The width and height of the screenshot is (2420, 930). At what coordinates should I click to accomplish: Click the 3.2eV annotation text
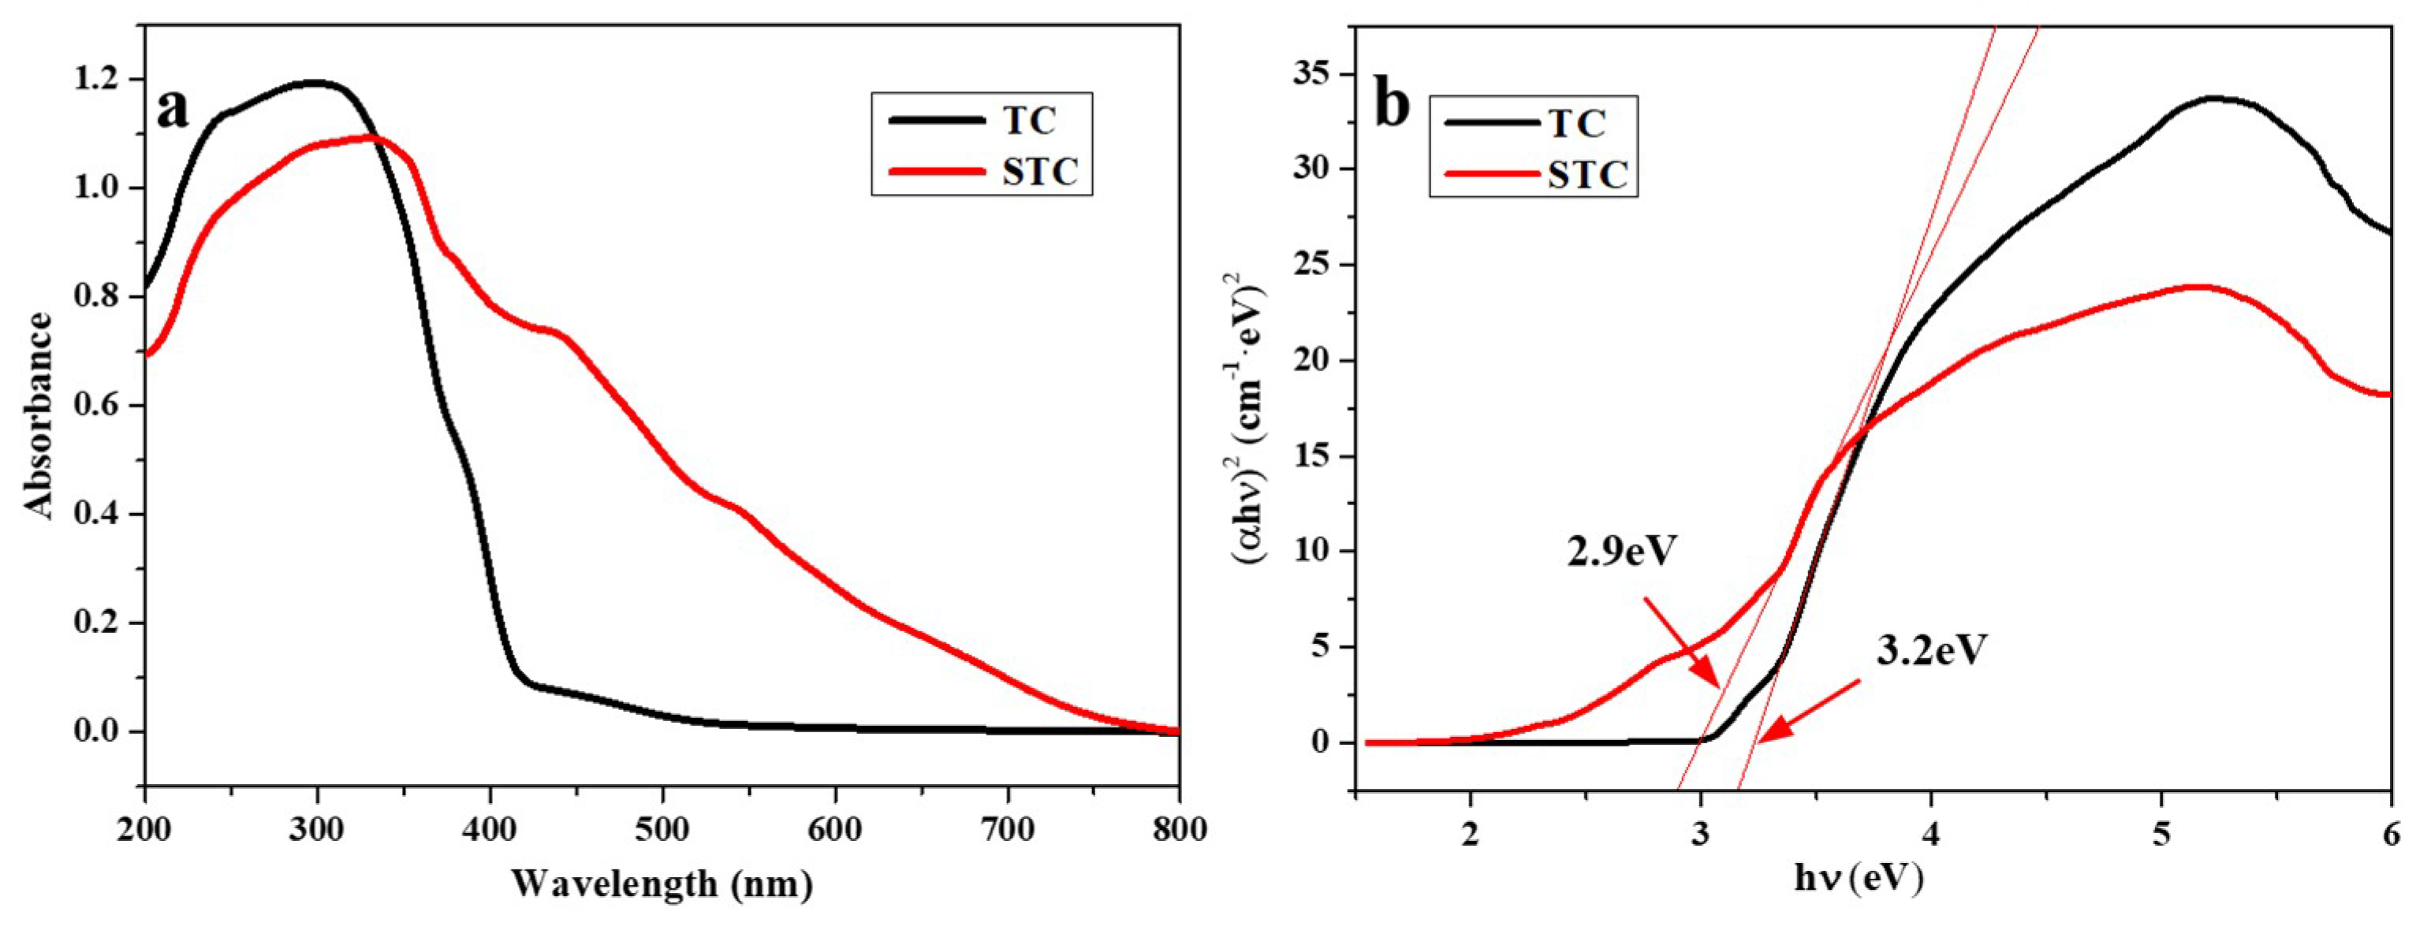tap(1933, 650)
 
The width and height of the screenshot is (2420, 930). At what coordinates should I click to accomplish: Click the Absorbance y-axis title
tap(39, 415)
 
